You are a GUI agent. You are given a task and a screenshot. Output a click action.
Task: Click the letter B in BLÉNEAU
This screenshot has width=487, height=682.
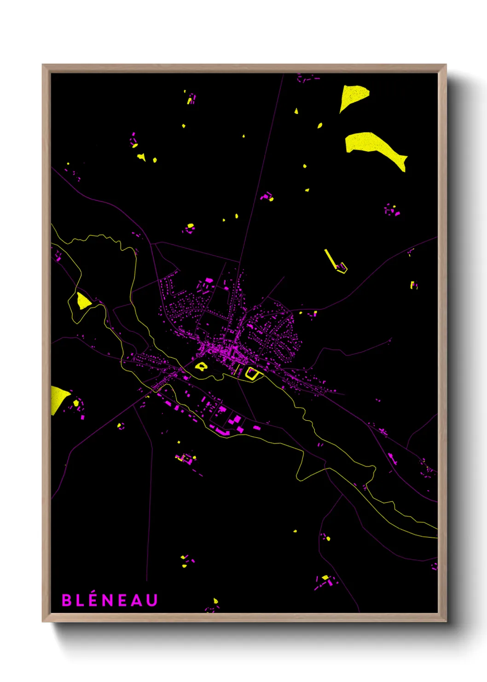pos(67,600)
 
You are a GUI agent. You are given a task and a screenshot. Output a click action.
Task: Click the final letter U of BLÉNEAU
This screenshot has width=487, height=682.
pos(152,600)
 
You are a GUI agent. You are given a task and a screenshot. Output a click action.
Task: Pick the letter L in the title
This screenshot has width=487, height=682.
pos(79,600)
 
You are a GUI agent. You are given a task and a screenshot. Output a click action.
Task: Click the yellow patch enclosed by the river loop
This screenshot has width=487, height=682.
pos(83,301)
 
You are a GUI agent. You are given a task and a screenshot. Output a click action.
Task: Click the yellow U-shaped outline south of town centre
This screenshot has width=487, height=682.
pos(251,373)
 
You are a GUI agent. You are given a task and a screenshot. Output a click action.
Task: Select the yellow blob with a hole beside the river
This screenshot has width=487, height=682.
pos(201,367)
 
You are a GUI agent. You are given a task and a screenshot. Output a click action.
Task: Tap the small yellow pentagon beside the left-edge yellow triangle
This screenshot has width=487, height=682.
pos(76,403)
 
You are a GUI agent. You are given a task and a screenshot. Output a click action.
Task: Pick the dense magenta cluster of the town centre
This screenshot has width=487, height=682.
pos(223,351)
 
